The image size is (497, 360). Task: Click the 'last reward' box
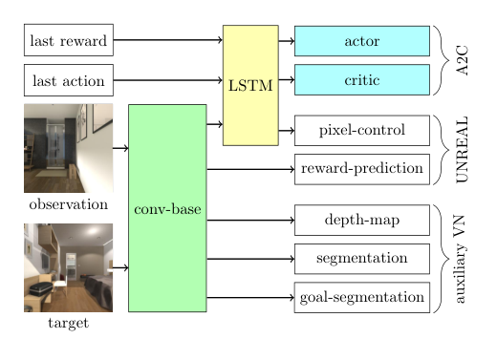click(69, 40)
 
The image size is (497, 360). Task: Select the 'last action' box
click(69, 80)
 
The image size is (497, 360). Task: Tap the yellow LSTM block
click(250, 85)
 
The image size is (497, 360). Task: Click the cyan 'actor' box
click(362, 41)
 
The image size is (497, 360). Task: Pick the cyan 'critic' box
click(362, 80)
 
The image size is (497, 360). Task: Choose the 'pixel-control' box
click(362, 131)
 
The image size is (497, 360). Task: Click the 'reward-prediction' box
click(362, 169)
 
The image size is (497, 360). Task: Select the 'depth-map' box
click(362, 221)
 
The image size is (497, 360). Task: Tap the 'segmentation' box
click(362, 259)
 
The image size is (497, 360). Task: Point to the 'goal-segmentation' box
click(362, 298)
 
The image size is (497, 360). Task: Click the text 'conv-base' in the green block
click(167, 209)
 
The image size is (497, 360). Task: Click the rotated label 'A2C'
click(462, 60)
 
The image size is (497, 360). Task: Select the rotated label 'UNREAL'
click(462, 150)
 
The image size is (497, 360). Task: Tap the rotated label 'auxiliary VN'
click(460, 259)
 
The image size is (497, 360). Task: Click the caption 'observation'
click(69, 204)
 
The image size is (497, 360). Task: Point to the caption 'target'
click(69, 323)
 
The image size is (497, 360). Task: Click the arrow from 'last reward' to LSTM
click(168, 40)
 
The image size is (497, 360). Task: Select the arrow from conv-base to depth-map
click(250, 221)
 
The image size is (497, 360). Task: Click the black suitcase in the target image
click(41, 288)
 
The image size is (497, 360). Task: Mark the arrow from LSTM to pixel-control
click(287, 131)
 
